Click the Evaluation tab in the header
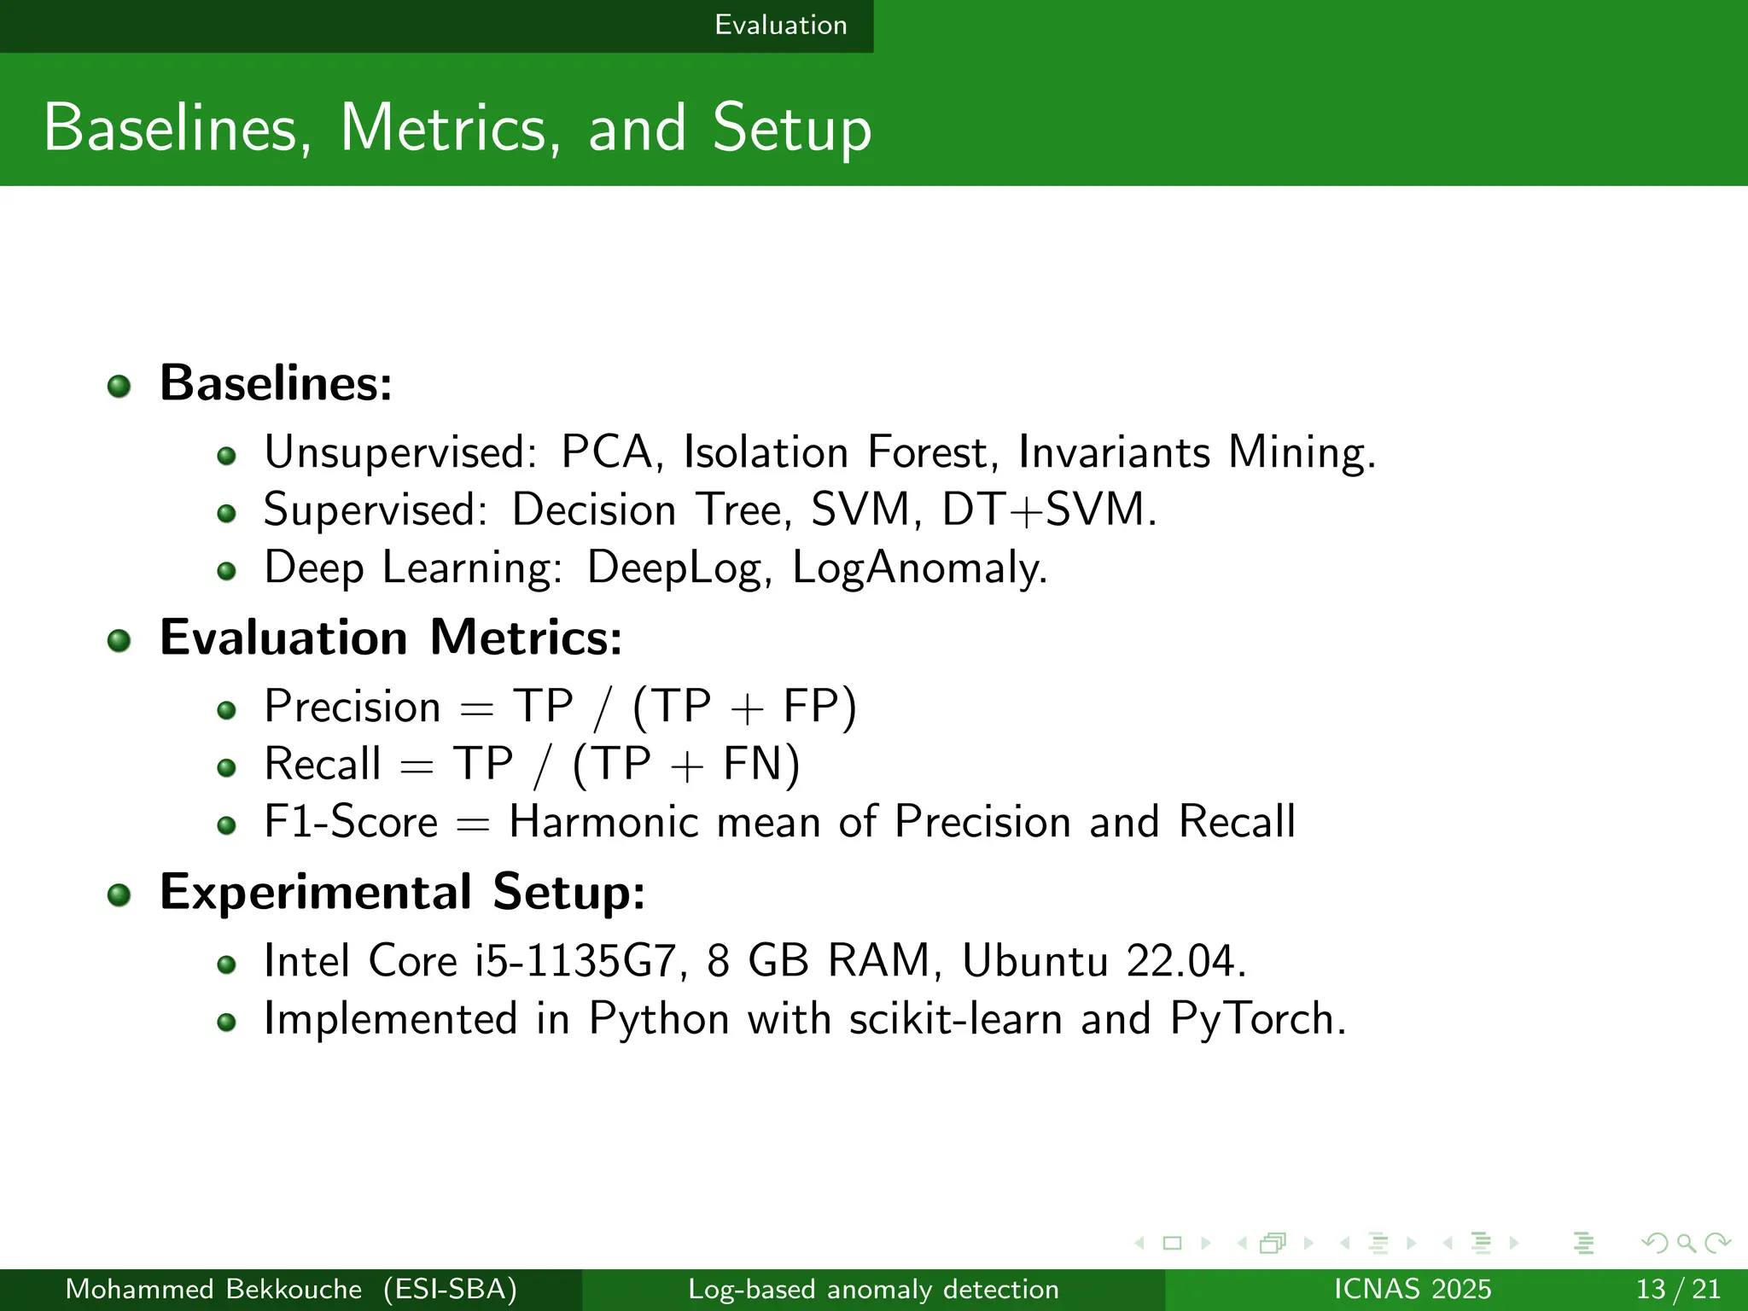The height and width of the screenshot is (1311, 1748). [780, 25]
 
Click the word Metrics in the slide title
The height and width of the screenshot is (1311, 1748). [451, 129]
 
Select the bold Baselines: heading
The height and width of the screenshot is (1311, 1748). [276, 382]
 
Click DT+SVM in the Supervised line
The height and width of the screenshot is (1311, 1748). [1048, 510]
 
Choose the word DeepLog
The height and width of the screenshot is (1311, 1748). [679, 568]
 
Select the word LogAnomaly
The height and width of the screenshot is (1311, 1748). [918, 568]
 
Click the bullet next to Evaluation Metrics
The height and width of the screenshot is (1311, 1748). [119, 640]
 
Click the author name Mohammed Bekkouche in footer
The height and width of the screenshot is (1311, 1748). [213, 1289]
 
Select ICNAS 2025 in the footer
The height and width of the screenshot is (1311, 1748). [1413, 1289]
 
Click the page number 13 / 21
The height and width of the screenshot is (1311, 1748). [1677, 1289]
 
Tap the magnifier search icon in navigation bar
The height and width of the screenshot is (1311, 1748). [1686, 1244]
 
